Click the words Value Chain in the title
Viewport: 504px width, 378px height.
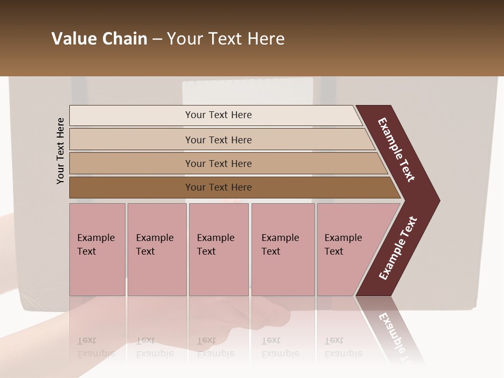tap(99, 39)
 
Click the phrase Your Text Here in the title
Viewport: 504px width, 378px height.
tap(226, 39)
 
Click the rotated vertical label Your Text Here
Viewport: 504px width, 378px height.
tap(60, 151)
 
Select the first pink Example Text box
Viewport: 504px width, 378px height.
tap(97, 249)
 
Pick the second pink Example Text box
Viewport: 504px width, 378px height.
tap(156, 249)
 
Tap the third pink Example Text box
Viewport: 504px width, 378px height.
tap(218, 249)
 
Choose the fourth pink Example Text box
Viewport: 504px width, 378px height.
tap(282, 249)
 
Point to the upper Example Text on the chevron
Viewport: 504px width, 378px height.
tap(397, 150)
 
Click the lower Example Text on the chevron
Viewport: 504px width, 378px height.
tap(398, 248)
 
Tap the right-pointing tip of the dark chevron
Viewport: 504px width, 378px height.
tap(436, 201)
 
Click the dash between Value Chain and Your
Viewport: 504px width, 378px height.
tap(157, 39)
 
